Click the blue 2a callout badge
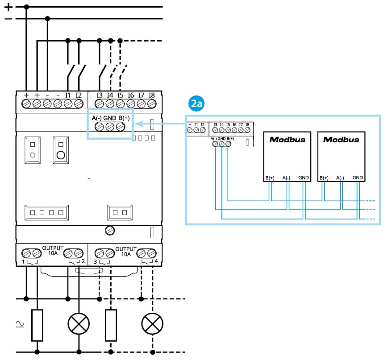coord(197,104)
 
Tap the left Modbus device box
coord(287,156)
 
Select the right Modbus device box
coord(341,156)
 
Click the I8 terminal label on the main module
coord(152,95)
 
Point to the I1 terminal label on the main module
coord(68,95)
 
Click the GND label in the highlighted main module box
coord(110,118)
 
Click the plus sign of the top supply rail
coord(8,7)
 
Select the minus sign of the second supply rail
coord(8,19)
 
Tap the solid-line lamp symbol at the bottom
coord(79,323)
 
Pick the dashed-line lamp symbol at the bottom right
coord(152,323)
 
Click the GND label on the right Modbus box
coord(357,178)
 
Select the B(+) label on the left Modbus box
coord(269,178)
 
